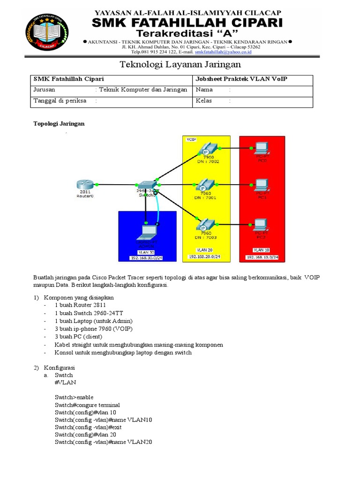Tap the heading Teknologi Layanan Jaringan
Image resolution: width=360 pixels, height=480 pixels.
180,64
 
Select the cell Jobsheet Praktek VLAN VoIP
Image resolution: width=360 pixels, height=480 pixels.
241,79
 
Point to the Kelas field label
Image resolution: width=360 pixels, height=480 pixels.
204,100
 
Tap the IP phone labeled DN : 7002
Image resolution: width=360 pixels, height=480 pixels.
206,150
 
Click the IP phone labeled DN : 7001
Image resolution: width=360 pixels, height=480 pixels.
206,184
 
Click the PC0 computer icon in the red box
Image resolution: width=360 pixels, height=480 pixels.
261,149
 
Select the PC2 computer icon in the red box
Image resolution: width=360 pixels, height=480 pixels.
261,225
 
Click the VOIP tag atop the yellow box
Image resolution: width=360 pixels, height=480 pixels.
191,139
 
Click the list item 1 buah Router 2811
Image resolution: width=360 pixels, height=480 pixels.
77,306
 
